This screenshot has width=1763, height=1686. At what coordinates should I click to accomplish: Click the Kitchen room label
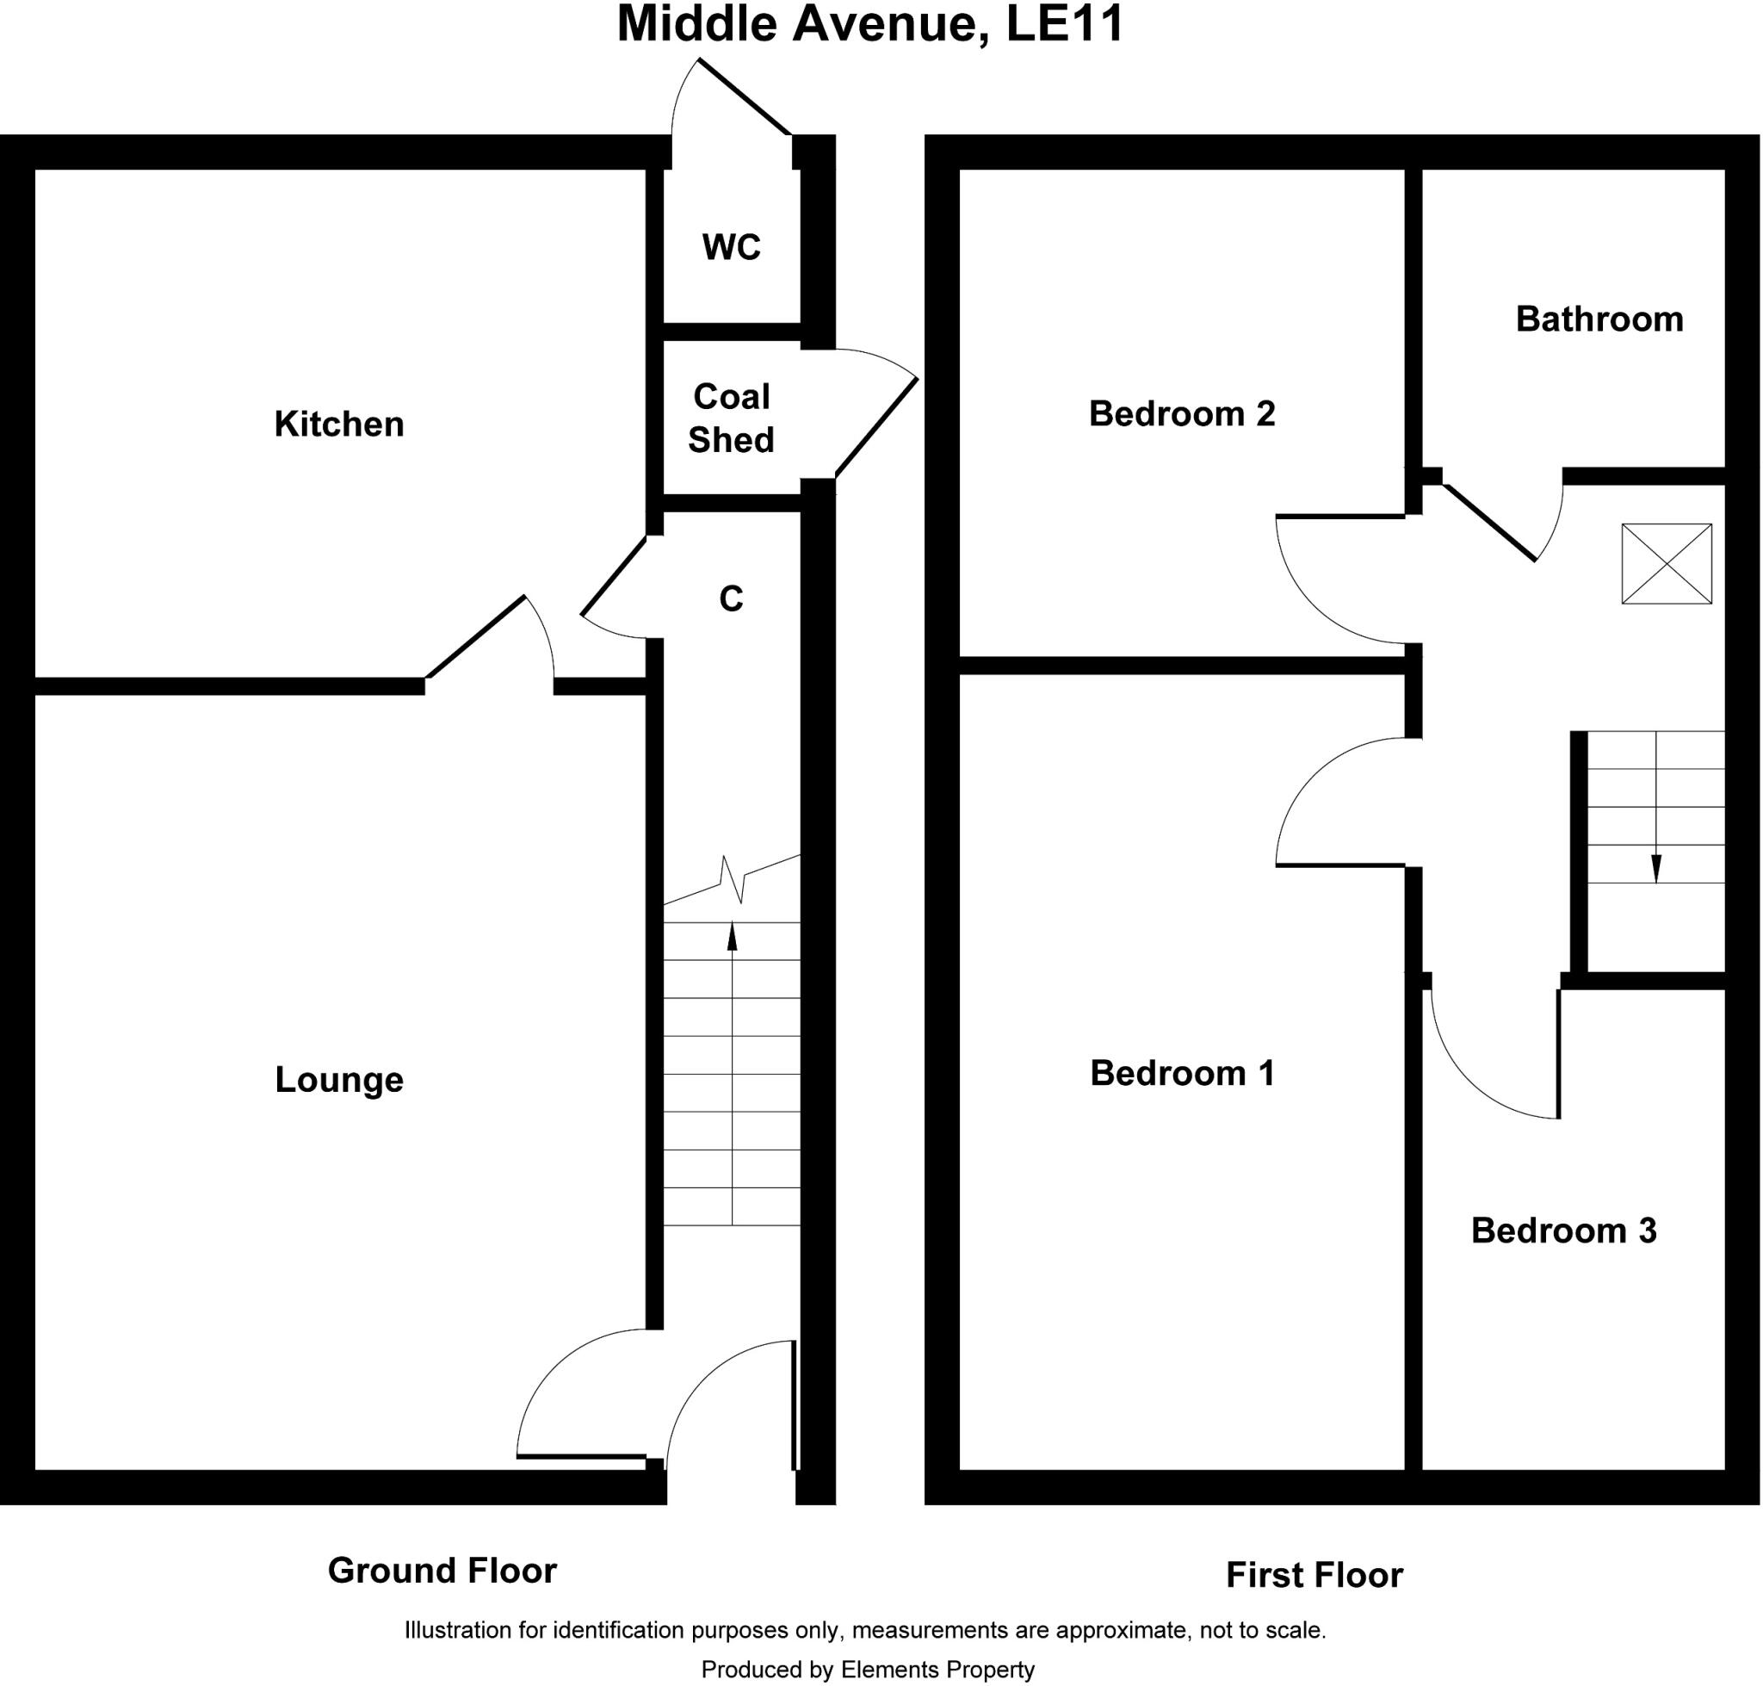(x=339, y=425)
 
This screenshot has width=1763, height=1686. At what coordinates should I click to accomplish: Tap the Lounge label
(x=339, y=1079)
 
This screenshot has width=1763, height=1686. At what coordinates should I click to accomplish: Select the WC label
(x=732, y=247)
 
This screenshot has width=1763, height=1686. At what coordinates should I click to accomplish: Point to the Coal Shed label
(x=732, y=418)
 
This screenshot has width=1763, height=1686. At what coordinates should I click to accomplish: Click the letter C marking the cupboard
(x=732, y=599)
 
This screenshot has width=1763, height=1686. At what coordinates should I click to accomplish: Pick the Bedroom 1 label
(x=1182, y=1073)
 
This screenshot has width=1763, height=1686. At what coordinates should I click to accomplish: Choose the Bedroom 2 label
(x=1182, y=413)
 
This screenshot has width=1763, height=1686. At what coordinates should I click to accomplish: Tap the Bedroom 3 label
(x=1562, y=1230)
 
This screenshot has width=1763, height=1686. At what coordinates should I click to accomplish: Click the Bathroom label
(x=1599, y=319)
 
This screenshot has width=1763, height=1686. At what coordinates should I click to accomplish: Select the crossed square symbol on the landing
(x=1666, y=563)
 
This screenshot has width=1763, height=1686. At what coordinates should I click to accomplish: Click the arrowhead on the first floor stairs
(x=1656, y=869)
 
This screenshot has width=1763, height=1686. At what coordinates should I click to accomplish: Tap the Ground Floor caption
(x=442, y=1570)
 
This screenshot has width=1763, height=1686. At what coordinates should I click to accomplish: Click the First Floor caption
(x=1314, y=1575)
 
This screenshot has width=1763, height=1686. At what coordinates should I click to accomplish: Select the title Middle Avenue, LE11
(x=869, y=25)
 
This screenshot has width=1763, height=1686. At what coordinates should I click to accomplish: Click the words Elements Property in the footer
(x=937, y=1669)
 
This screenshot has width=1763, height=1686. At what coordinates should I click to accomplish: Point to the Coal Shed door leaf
(x=876, y=427)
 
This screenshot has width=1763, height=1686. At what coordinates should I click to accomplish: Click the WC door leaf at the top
(x=745, y=97)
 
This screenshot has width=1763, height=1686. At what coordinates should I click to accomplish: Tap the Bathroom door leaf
(x=1489, y=522)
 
